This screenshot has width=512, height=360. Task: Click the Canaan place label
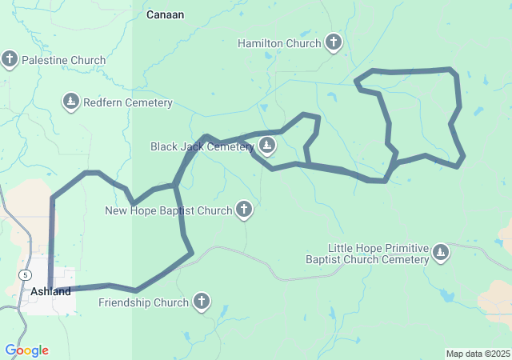(x=166, y=14)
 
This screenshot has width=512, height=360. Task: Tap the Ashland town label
(x=50, y=292)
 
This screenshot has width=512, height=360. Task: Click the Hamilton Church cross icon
(x=334, y=42)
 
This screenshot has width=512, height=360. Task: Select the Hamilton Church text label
(x=279, y=42)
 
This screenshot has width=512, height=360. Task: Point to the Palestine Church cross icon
(x=10, y=59)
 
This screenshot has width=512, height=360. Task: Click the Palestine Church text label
(x=64, y=60)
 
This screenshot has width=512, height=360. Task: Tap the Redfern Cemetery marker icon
(x=71, y=102)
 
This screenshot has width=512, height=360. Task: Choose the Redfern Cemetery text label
(x=128, y=102)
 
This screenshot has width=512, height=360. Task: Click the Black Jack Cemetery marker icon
(x=267, y=146)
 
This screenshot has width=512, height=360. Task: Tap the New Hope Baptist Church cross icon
(x=244, y=210)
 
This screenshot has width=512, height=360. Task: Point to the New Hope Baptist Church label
(x=169, y=210)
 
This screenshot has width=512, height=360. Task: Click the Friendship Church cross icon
(x=202, y=302)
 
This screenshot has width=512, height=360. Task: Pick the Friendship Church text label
(x=144, y=302)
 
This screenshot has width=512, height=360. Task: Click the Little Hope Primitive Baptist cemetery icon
(x=440, y=254)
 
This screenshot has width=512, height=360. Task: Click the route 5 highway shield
(x=26, y=274)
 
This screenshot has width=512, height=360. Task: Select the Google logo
(x=26, y=350)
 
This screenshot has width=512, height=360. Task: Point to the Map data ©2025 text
(x=478, y=354)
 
